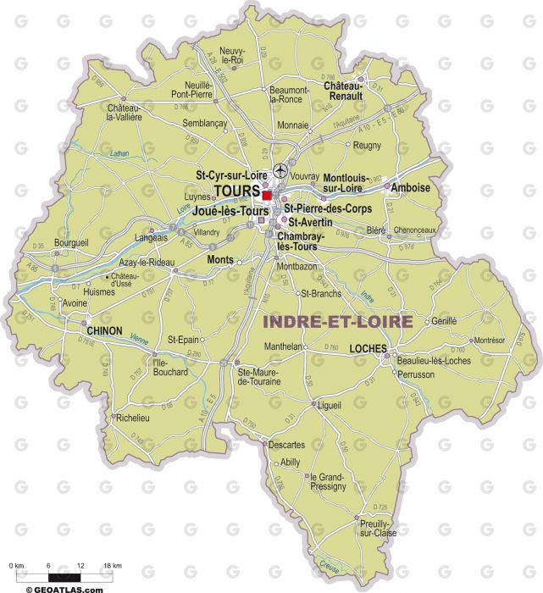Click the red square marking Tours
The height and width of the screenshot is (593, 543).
[267, 194]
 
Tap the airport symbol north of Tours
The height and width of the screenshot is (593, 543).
[281, 169]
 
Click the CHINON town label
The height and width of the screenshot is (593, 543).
[105, 330]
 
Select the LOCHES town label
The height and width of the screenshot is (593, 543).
[369, 348]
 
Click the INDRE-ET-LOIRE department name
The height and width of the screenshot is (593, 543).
[338, 322]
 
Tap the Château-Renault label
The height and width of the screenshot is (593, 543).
[342, 91]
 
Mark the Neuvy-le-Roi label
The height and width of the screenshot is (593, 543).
[231, 55]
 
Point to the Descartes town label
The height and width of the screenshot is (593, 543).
[286, 445]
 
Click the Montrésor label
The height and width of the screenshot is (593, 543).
[489, 340]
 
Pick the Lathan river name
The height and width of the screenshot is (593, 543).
[119, 153]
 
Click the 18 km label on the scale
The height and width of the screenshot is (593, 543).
[112, 565]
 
